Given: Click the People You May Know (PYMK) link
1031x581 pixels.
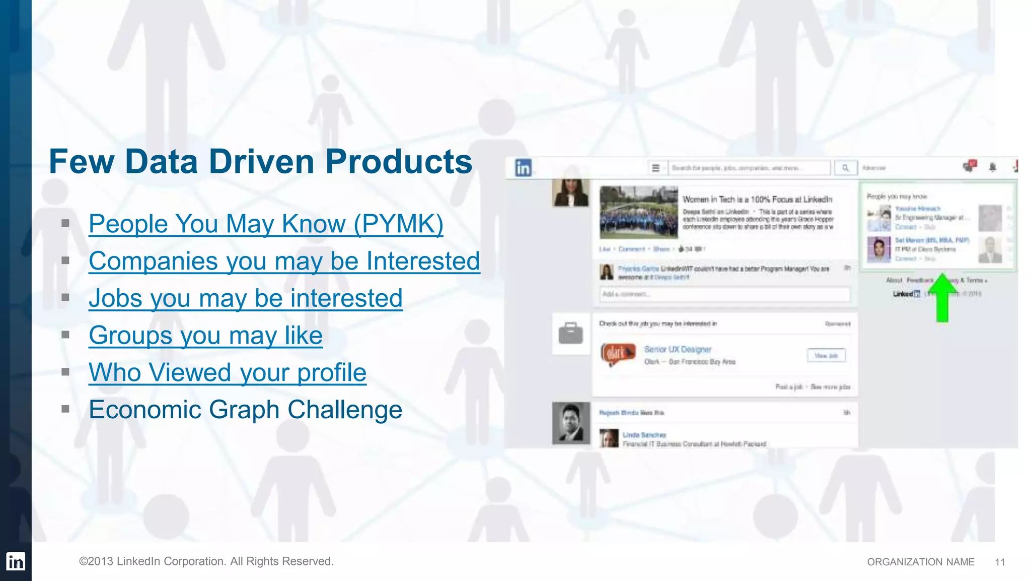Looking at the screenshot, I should click(x=266, y=224).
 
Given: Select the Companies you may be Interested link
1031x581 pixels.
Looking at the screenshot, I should click(x=284, y=261).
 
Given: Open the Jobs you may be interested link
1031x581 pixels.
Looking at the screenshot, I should click(x=246, y=298).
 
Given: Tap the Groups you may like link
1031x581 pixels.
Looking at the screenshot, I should click(x=205, y=336).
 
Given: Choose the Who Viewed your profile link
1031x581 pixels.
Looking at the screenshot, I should click(x=228, y=373).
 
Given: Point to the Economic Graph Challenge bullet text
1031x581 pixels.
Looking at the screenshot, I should click(x=246, y=410).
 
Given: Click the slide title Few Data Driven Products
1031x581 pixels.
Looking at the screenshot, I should click(x=260, y=162).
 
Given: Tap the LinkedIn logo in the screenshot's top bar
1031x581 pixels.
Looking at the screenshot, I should click(x=523, y=168).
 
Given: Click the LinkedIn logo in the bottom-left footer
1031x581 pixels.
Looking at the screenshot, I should click(x=16, y=561).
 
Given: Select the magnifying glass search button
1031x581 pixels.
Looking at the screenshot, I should click(x=846, y=168).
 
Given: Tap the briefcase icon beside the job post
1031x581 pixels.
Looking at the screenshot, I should click(x=570, y=334).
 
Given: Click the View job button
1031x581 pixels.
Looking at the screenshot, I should click(x=826, y=356).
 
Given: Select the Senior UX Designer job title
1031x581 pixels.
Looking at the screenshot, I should click(x=678, y=349).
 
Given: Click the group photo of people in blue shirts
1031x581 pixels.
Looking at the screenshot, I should click(x=639, y=212).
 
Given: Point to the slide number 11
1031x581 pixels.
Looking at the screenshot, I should click(x=1000, y=562).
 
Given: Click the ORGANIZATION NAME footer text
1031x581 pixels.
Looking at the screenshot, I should click(x=920, y=562).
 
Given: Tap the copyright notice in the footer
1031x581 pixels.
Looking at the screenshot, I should click(x=206, y=561).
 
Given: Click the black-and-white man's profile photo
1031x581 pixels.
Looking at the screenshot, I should click(x=571, y=423).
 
